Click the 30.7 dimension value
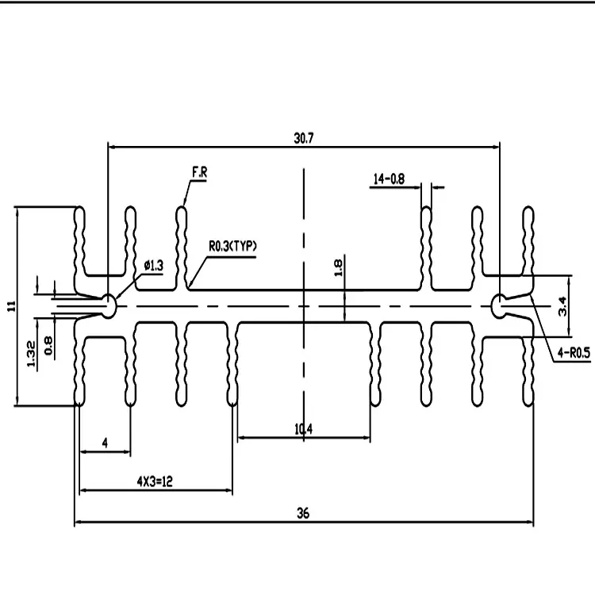click(304, 138)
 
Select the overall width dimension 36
click(303, 513)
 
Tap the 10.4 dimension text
click(303, 429)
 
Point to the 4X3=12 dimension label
click(155, 482)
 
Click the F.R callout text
click(200, 172)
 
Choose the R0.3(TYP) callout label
click(232, 246)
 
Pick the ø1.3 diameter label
click(154, 265)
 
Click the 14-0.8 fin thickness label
click(389, 178)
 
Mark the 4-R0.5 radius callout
click(574, 353)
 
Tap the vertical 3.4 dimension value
click(562, 306)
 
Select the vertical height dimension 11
click(11, 306)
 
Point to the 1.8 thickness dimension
click(338, 267)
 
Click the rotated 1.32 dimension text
click(31, 354)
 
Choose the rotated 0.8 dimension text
click(48, 345)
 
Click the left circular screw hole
click(108, 306)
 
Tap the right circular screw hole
click(499, 306)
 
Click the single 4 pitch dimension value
click(105, 443)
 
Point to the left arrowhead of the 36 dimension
click(78, 522)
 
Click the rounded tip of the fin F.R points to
click(182, 208)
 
